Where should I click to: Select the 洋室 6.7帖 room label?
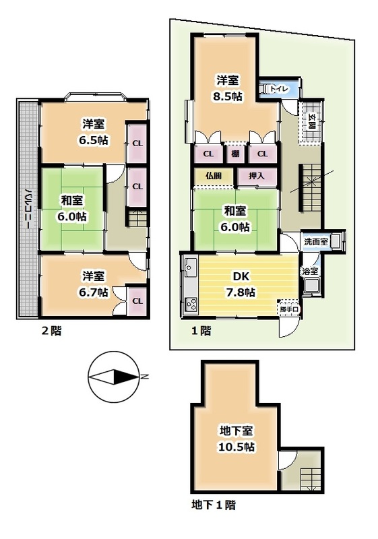(x=94, y=283)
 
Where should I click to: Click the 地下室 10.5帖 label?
(x=236, y=438)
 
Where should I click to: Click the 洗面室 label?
(x=314, y=241)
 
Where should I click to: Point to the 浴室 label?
(x=309, y=271)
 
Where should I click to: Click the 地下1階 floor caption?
(x=213, y=503)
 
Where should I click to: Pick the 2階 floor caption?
(x=51, y=330)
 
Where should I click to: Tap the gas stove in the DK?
(x=189, y=305)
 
